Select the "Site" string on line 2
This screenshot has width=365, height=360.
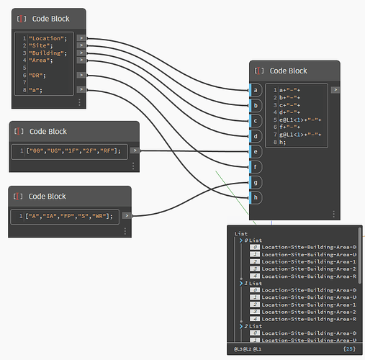(42, 45)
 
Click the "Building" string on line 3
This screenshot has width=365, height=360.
(48, 53)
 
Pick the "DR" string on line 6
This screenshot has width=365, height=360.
(38, 75)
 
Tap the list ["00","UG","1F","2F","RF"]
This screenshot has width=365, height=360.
(76, 150)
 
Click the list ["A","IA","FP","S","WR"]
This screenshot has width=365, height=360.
(71, 215)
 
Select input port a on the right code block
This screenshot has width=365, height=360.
(255, 90)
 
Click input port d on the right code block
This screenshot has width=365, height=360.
(255, 135)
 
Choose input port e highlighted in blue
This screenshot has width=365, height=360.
(255, 151)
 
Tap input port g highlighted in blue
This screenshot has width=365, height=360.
(255, 182)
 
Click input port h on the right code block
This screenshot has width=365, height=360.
(255, 197)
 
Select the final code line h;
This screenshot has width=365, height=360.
(282, 142)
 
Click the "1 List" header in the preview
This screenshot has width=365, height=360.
(253, 284)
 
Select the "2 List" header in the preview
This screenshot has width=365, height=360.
(253, 326)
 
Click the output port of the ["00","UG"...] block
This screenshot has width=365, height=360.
(135, 150)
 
